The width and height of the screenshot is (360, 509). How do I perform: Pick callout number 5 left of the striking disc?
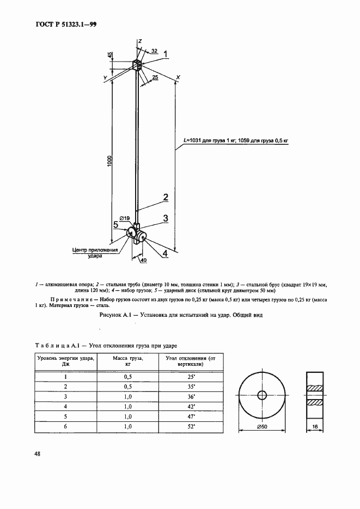[115, 225]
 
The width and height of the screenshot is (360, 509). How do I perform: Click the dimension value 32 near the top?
[154, 51]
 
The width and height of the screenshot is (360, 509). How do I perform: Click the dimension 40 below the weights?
[143, 260]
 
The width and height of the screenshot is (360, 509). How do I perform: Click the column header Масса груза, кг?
[127, 361]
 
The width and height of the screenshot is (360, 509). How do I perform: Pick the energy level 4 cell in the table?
[66, 407]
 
